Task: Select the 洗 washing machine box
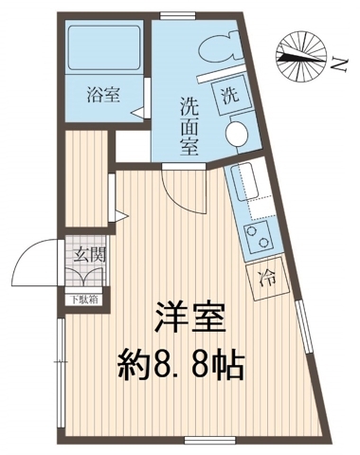[230, 96]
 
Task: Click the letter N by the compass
[338, 62]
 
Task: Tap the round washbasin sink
[238, 132]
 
